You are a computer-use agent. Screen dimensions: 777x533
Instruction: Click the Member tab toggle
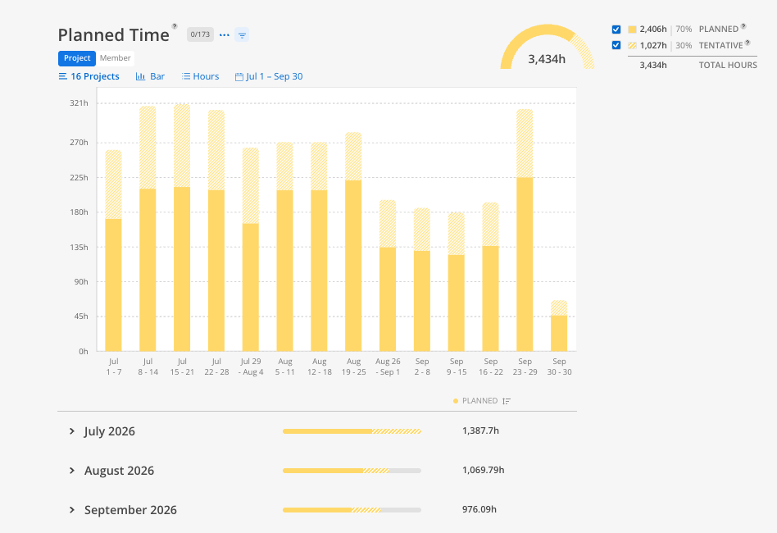coord(115,58)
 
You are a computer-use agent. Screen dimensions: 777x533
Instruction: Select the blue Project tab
coord(77,58)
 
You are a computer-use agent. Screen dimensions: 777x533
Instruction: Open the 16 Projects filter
coord(89,76)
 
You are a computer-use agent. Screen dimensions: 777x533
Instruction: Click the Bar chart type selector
coord(150,76)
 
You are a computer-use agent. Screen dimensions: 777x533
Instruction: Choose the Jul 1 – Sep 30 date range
coord(269,76)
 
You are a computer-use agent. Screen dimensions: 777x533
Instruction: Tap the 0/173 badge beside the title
coord(200,34)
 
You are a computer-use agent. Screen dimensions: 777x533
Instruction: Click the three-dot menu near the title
coord(224,34)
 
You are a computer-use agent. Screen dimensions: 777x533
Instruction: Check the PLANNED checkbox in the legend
coord(616,30)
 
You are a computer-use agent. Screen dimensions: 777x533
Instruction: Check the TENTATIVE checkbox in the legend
coord(616,45)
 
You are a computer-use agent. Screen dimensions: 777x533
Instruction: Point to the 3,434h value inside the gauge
coord(547,59)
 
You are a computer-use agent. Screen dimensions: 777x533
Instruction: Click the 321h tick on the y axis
coord(79,103)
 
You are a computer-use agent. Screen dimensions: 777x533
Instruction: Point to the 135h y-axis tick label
coord(79,247)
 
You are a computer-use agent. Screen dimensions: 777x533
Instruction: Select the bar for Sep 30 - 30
coord(559,326)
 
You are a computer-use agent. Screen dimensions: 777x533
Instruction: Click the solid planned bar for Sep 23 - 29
coord(525,264)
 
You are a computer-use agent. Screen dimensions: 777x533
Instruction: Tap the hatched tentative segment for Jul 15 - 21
coord(182,145)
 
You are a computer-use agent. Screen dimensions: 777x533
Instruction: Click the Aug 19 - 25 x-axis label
coord(354,367)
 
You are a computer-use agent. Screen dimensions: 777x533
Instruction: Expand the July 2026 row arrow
coord(72,431)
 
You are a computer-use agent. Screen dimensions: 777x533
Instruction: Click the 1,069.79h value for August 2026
coord(483,470)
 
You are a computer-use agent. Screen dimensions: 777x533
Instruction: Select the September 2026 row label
coord(130,510)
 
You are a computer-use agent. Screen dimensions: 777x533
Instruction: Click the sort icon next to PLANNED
coord(506,401)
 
